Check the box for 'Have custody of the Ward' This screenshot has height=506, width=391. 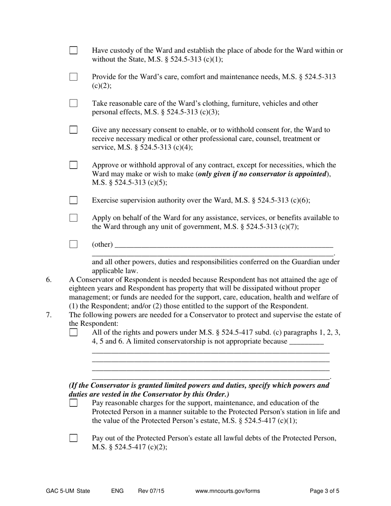73,51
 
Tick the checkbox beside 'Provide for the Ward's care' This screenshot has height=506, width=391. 73,77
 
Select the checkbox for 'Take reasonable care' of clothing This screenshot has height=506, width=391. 73,103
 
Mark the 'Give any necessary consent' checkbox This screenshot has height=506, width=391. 73,130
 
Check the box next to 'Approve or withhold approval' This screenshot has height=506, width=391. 73,165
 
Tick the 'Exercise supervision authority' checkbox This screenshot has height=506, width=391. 73,200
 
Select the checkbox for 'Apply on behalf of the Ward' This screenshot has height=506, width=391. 73,218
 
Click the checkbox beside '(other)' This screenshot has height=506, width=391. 73,244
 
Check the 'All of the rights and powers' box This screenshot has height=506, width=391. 73,332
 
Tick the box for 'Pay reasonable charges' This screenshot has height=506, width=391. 73,403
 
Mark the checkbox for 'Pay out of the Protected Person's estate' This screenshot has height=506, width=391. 73,438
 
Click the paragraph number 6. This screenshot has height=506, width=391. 49,280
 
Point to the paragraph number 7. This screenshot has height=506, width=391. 49,315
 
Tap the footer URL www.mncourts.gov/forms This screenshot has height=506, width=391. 228,491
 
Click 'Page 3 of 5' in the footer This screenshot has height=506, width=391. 324,491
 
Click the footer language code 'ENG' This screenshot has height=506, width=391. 117,491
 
